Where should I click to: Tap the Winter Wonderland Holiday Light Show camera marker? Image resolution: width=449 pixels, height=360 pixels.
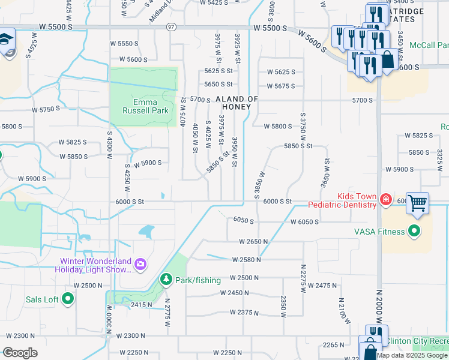point(140,264)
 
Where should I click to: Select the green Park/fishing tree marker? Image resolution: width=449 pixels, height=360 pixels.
point(166,280)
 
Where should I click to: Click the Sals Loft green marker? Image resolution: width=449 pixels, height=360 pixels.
point(67,298)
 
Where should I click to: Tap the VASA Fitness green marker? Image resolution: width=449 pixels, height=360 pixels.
point(414,230)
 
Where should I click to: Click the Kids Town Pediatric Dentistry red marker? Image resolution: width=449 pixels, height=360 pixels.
point(385,200)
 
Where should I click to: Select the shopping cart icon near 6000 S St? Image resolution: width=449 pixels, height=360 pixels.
point(417,203)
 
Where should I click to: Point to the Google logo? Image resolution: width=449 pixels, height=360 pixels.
point(20,352)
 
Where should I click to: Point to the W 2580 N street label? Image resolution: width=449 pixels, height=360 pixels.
point(246,260)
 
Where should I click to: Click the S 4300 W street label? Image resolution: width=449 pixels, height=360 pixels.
point(110,146)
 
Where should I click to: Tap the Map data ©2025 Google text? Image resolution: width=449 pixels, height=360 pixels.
point(412,355)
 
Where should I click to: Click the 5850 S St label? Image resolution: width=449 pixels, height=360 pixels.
point(298,146)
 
